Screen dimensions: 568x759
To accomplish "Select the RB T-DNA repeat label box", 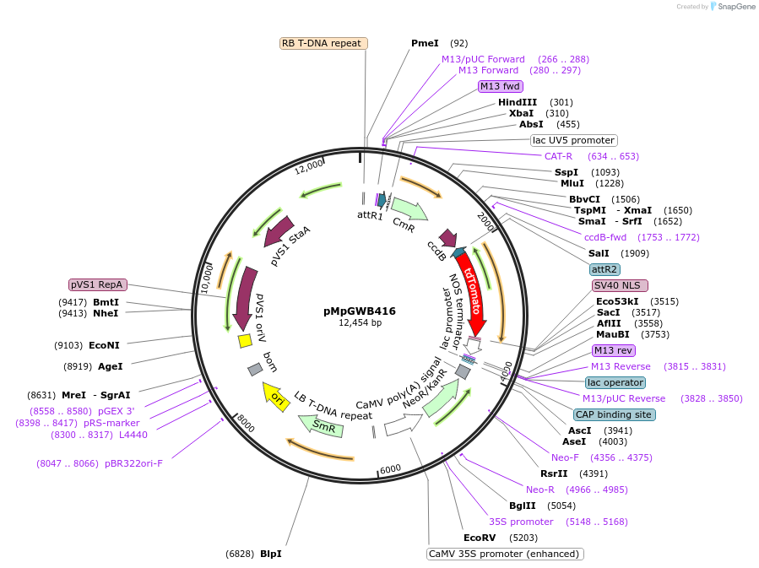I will click(x=322, y=43).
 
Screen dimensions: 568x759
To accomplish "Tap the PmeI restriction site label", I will click(x=425, y=43).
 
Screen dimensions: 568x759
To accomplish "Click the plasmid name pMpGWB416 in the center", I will click(x=360, y=311).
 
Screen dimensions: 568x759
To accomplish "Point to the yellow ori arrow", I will click(x=274, y=394).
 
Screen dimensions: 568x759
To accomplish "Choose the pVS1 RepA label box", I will click(x=98, y=284).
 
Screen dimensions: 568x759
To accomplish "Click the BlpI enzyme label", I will click(x=270, y=554).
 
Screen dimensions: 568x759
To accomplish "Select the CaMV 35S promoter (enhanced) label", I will click(x=505, y=554).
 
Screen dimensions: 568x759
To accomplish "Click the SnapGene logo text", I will click(x=735, y=7).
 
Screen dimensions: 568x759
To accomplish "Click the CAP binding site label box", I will click(x=614, y=414).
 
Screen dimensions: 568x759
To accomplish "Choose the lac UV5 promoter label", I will click(x=573, y=140).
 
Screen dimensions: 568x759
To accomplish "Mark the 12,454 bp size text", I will click(x=360, y=323).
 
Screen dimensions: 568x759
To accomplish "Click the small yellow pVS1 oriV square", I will click(x=245, y=340).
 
